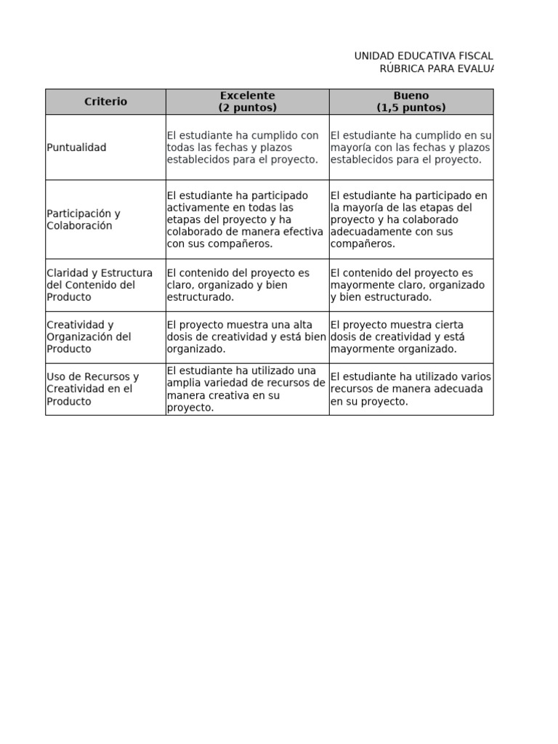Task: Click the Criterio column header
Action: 105,102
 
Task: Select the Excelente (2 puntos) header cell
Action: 247,102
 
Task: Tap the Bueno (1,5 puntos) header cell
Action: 411,102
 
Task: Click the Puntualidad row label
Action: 76,147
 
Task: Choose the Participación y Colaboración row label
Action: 84,219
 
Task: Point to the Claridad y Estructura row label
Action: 100,285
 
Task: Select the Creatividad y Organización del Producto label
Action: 89,337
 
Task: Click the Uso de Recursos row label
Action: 92,389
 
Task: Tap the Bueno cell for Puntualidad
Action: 411,147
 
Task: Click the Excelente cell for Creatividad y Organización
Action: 246,337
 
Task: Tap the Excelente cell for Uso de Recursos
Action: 246,389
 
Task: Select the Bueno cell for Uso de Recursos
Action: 411,389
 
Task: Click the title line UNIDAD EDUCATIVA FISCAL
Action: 423,56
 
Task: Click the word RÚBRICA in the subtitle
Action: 403,68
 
